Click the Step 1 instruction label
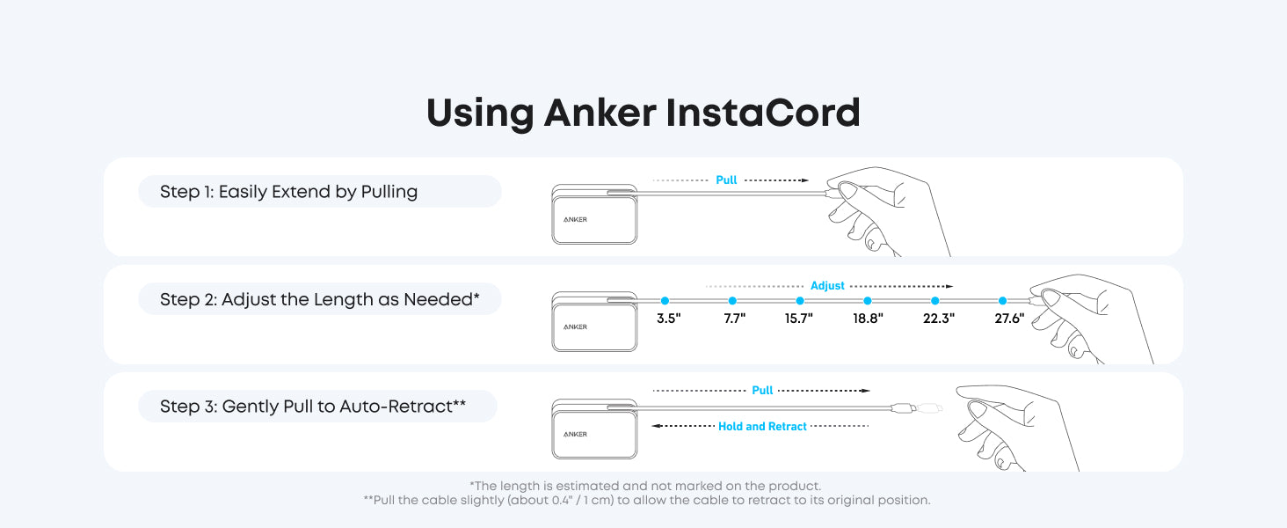click(288, 192)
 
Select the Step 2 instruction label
click(319, 299)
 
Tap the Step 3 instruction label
click(312, 407)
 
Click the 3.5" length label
click(669, 319)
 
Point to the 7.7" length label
click(735, 319)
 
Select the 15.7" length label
click(799, 319)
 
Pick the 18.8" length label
click(868, 319)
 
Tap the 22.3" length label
click(938, 319)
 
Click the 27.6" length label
click(1009, 319)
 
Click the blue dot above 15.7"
click(800, 301)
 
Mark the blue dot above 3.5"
click(665, 301)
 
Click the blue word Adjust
click(827, 286)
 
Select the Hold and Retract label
click(762, 427)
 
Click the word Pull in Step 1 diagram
click(726, 180)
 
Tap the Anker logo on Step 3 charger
click(575, 434)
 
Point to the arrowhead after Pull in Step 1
click(803, 180)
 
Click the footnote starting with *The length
click(645, 486)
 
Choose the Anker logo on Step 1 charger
click(575, 219)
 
